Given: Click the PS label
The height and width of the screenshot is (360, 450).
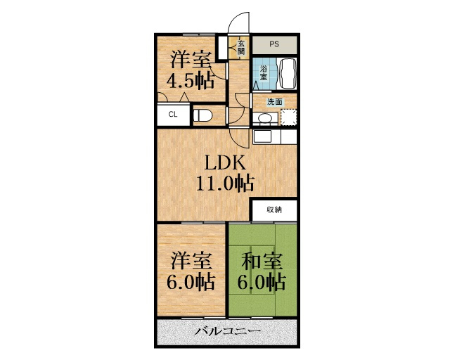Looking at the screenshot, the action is click(274, 44).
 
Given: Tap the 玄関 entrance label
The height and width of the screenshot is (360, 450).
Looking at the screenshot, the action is click(241, 48).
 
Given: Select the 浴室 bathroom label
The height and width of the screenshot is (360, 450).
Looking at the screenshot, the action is click(264, 73).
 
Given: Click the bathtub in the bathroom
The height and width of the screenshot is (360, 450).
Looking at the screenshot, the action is click(288, 74).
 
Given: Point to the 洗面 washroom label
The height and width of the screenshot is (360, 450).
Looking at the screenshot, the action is click(275, 102).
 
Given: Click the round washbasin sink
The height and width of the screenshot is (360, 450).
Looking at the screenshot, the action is click(265, 117).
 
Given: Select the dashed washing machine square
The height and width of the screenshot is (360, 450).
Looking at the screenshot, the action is click(288, 117).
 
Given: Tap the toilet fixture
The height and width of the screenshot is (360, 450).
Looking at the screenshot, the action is click(202, 116).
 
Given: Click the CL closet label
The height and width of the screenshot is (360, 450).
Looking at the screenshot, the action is click(173, 115).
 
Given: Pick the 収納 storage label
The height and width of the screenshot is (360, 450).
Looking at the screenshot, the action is click(274, 210).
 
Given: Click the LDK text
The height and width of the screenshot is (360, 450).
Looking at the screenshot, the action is click(225, 163).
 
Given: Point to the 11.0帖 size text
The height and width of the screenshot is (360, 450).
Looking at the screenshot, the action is click(225, 183).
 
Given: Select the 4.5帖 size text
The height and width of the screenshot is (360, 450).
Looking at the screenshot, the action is click(191, 81).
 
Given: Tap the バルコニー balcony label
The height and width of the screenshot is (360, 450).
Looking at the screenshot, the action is click(228, 331).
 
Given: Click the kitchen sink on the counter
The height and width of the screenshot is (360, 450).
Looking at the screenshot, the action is click(262, 136).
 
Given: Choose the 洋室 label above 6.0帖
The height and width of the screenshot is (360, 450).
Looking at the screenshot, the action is click(192, 261).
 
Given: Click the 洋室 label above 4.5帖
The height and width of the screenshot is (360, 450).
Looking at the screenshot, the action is click(191, 60).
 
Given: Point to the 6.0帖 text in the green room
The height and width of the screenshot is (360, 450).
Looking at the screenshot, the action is click(261, 282).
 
